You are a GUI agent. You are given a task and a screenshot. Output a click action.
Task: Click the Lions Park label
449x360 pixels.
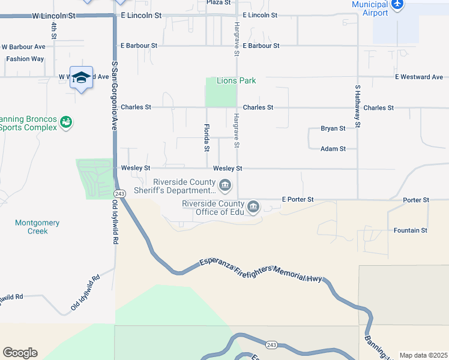237,80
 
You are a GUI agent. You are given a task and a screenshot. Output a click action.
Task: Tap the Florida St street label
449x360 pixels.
206,137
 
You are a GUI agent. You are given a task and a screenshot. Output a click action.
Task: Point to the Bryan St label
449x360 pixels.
333,128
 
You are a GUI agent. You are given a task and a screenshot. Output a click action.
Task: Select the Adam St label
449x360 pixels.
333,149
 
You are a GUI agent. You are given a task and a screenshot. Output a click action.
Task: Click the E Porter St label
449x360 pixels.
298,199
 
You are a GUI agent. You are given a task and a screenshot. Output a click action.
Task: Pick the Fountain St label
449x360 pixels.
411,230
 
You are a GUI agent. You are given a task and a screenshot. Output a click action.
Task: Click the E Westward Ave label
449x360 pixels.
419,77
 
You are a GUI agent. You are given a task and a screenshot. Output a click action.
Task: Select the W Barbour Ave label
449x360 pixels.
23,46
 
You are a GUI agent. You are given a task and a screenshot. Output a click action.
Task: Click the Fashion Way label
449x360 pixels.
25,59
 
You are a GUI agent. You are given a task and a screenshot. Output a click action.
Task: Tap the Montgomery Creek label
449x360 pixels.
37,227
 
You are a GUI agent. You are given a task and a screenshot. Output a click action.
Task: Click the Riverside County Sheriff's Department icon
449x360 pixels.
225,185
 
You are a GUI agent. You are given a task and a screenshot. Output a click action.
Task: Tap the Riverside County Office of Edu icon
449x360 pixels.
253,207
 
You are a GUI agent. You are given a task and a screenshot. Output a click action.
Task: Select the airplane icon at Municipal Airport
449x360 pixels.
397,4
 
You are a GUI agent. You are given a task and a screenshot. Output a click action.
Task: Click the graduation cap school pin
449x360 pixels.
81,78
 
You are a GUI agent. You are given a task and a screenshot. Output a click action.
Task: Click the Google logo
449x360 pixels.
20,353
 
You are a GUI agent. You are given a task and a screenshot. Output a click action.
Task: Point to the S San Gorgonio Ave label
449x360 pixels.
113,95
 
